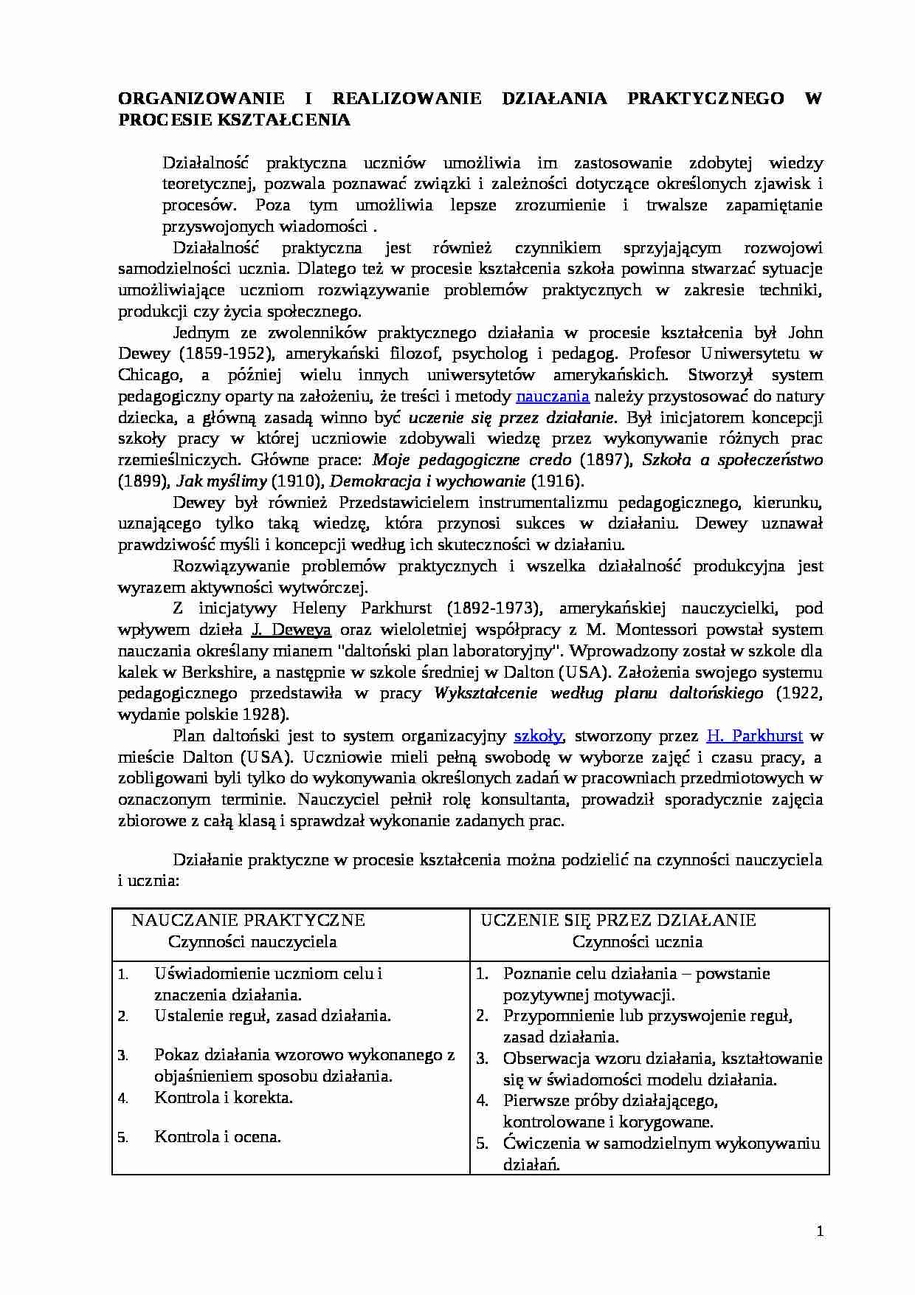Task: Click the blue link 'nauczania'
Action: (552, 396)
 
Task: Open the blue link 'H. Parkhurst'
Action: (754, 736)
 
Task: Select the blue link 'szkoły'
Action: (538, 736)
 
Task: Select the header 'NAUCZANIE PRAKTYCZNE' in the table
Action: (249, 920)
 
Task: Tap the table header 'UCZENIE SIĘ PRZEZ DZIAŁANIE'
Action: (618, 920)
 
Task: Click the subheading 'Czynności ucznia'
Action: (637, 941)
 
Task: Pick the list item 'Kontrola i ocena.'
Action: (218, 1137)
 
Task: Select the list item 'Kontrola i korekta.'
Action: (224, 1098)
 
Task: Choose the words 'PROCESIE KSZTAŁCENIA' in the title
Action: (234, 120)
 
